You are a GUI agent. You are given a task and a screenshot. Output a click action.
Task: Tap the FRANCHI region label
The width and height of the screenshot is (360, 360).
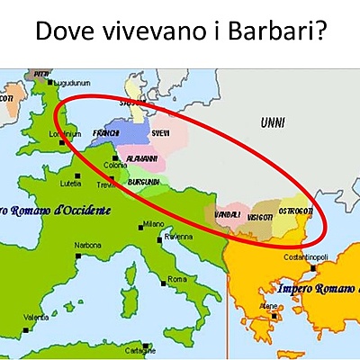pyautogui.click(x=105, y=132)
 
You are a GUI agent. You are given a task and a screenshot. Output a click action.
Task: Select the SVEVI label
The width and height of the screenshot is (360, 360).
pyautogui.click(x=161, y=132)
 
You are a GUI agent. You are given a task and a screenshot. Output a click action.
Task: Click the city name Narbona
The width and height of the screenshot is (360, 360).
pyautogui.click(x=87, y=244)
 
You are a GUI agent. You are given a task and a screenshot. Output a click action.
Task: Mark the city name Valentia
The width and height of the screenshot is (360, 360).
pyautogui.click(x=36, y=317)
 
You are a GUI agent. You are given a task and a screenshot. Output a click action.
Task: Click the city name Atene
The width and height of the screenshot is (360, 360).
pyautogui.click(x=268, y=306)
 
